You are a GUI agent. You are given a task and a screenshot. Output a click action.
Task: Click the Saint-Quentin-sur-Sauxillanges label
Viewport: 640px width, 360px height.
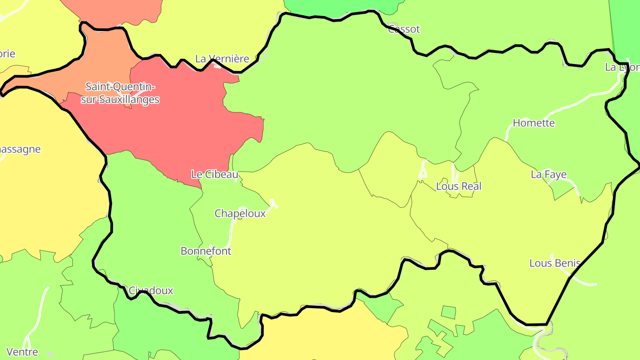click(120, 93)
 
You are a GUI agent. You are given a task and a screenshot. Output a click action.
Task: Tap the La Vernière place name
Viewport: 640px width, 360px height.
click(222, 59)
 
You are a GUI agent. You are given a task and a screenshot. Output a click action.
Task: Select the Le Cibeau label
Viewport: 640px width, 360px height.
click(215, 175)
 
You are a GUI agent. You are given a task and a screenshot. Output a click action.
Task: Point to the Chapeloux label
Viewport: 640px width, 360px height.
click(240, 213)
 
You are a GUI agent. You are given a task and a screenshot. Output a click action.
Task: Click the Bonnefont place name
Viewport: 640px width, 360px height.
click(206, 251)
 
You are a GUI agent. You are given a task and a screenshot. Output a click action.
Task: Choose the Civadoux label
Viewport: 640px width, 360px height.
click(151, 291)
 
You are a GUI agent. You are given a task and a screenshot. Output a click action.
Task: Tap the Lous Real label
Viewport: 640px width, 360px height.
click(459, 186)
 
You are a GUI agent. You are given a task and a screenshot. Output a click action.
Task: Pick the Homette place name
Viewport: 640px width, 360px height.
click(534, 123)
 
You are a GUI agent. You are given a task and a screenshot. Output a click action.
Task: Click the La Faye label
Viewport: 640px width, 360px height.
click(549, 175)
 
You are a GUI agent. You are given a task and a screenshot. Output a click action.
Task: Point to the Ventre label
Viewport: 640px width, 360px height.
click(22, 352)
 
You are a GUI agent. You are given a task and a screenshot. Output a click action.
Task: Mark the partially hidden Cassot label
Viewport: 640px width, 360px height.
click(404, 29)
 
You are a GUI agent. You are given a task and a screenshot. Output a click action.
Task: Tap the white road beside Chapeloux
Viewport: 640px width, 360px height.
click(232, 231)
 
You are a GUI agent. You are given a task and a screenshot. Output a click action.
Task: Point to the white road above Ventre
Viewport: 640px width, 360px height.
click(38, 316)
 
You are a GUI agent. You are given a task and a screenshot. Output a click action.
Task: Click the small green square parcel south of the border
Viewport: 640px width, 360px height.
click(448, 312)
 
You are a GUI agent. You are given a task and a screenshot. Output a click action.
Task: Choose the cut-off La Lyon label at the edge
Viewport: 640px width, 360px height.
click(622, 67)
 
